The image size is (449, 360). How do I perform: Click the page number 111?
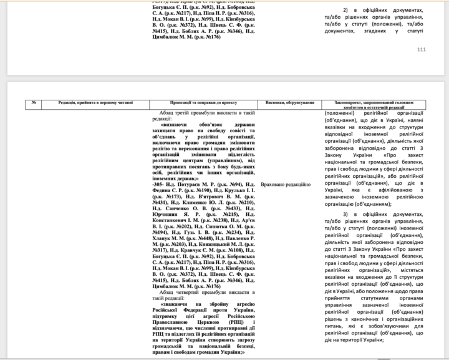421,50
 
